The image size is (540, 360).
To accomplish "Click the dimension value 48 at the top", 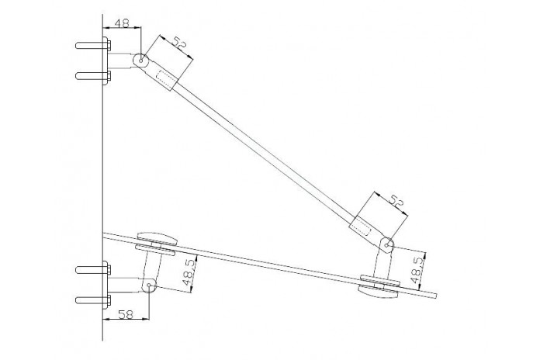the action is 122,22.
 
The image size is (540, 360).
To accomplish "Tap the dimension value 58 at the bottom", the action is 126,314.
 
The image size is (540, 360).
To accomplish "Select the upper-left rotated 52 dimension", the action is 179,43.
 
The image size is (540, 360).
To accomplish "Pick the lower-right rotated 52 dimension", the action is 396,200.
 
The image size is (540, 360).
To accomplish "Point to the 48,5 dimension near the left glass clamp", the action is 188,272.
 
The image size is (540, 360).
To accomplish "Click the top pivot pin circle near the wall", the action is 141,61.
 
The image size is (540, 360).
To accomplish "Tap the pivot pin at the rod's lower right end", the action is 386,245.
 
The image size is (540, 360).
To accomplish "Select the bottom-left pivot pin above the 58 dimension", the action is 149,286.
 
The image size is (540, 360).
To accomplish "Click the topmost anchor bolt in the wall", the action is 93,45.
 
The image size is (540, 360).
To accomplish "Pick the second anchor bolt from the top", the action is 93,76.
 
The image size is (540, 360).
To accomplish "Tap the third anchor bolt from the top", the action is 93,269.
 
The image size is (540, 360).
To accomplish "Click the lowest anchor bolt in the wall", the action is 93,299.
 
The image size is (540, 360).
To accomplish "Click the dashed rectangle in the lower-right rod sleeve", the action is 361,225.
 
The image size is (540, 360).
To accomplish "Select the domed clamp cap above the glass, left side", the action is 157,238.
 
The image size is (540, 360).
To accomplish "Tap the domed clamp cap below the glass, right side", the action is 378,292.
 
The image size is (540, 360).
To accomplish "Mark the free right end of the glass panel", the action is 436,296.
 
